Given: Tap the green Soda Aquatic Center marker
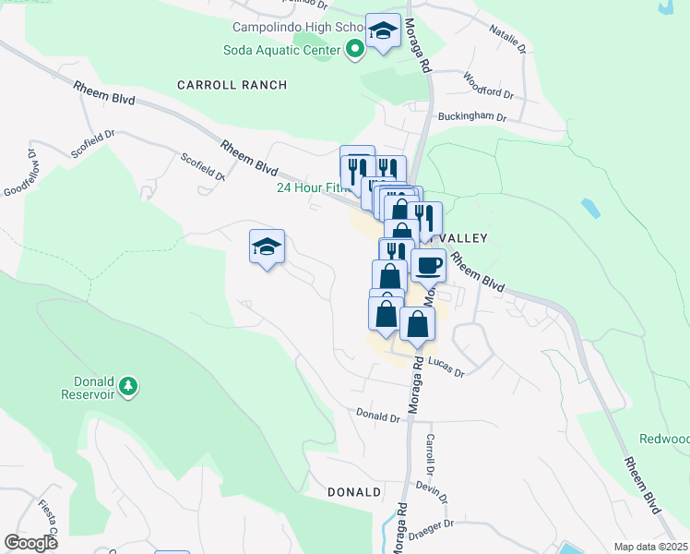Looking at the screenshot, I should coord(353,50).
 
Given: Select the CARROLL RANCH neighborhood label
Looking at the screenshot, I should coord(232,85).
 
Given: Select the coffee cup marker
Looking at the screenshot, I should coord(428,267).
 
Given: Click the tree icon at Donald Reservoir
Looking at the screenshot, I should coord(129,384).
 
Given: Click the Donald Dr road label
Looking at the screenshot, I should coord(378,417).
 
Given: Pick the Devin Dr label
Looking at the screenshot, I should coord(431,490).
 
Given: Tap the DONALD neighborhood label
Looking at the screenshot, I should coord(354,492).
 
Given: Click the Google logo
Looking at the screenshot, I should coord(31,544).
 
